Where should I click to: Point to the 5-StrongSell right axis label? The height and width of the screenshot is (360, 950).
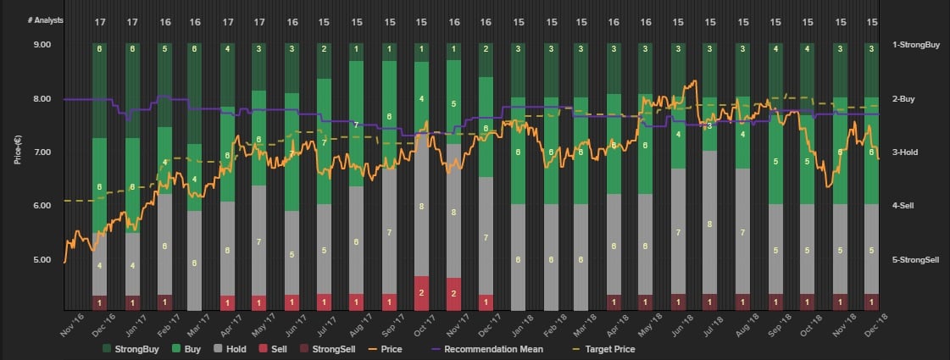(x=914, y=259)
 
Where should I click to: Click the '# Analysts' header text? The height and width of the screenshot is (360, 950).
(x=38, y=19)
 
